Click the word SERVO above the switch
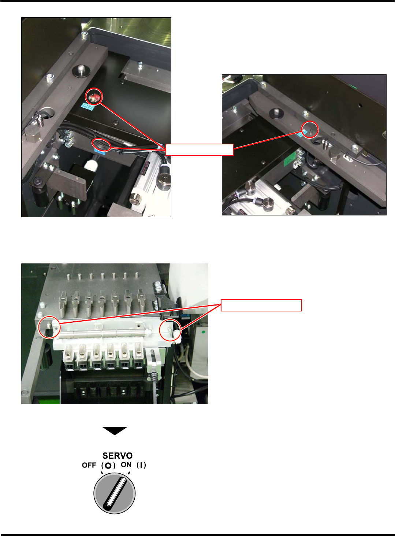(118, 455)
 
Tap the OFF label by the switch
(89, 465)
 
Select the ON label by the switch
(126, 465)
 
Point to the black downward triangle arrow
(115, 431)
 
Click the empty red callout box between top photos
(200, 149)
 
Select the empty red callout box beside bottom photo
(261, 305)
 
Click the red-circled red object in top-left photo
(94, 97)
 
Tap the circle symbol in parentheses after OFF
(108, 465)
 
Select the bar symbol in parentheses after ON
(141, 465)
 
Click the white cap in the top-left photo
(90, 165)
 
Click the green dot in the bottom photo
(204, 332)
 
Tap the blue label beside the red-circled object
(87, 107)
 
